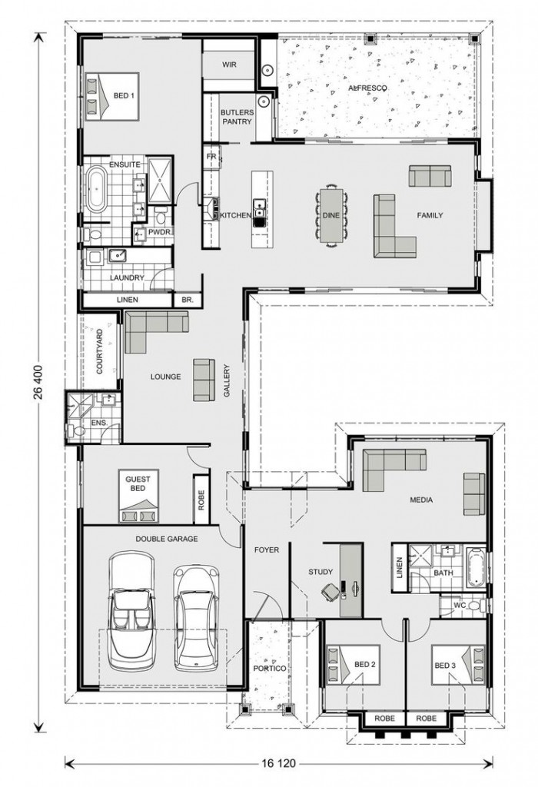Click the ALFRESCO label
point(368,88)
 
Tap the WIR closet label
point(229,65)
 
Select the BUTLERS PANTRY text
point(237,117)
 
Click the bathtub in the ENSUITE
point(96,189)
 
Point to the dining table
point(331,215)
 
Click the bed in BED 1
point(111,95)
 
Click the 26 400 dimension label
point(39,382)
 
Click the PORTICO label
point(269,668)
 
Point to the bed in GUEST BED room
point(138,496)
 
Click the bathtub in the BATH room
point(475,569)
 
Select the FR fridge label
point(211,157)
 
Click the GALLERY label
point(227,381)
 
